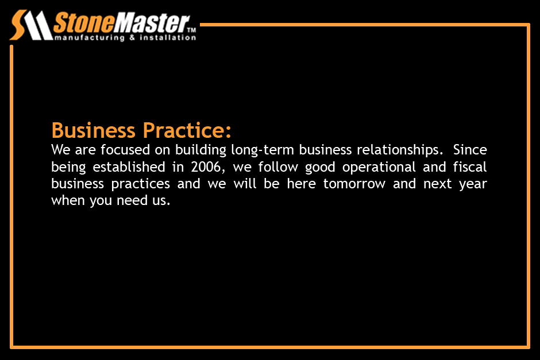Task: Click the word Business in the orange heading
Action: click(x=93, y=130)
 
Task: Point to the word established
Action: click(x=129, y=167)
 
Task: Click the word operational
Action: click(x=379, y=168)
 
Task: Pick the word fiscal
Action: click(x=470, y=167)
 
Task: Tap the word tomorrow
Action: click(x=354, y=184)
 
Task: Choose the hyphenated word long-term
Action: click(x=263, y=150)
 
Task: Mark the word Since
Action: click(x=470, y=150)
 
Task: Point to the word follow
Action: click(x=278, y=167)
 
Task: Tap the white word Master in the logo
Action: click(x=151, y=24)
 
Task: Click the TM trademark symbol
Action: click(x=191, y=30)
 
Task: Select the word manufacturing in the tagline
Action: click(x=90, y=37)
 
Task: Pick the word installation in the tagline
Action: click(x=168, y=37)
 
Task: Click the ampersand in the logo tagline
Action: click(x=132, y=37)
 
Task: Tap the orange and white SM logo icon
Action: click(x=31, y=25)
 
